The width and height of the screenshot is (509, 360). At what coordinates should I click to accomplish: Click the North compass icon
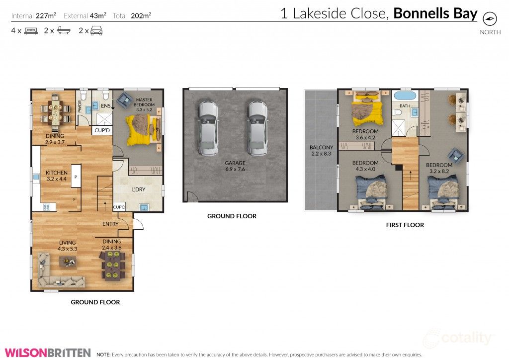(x=490, y=19)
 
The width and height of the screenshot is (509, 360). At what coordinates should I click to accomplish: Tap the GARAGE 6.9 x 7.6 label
(x=235, y=166)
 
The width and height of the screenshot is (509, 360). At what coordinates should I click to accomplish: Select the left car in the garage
(x=208, y=128)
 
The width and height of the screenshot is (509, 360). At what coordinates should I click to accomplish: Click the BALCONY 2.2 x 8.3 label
(x=321, y=151)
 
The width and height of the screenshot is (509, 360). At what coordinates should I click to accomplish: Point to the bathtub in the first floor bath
(x=405, y=96)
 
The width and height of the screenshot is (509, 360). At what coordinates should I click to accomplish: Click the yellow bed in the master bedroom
(x=142, y=128)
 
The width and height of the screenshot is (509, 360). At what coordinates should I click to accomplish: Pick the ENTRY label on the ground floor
(x=110, y=224)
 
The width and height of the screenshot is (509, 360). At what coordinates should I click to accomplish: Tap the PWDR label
(x=80, y=107)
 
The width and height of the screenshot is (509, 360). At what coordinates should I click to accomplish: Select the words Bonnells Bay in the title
(x=435, y=13)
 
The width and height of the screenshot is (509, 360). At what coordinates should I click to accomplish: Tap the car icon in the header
(x=96, y=31)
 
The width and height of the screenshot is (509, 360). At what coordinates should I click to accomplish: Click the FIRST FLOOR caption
(x=405, y=225)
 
